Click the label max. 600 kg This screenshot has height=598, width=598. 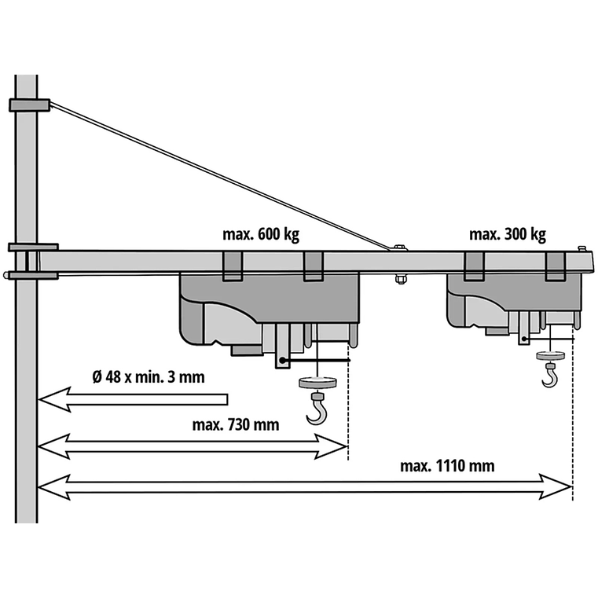pos(260,234)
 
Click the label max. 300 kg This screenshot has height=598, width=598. pos(507,234)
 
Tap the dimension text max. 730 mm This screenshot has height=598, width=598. pos(235,425)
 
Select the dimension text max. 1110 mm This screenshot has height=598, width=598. pos(447,466)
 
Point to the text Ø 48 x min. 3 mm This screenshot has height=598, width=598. pos(149,376)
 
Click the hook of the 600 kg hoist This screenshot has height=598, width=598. pos(317,410)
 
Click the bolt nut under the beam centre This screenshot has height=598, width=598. pos(400,277)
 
